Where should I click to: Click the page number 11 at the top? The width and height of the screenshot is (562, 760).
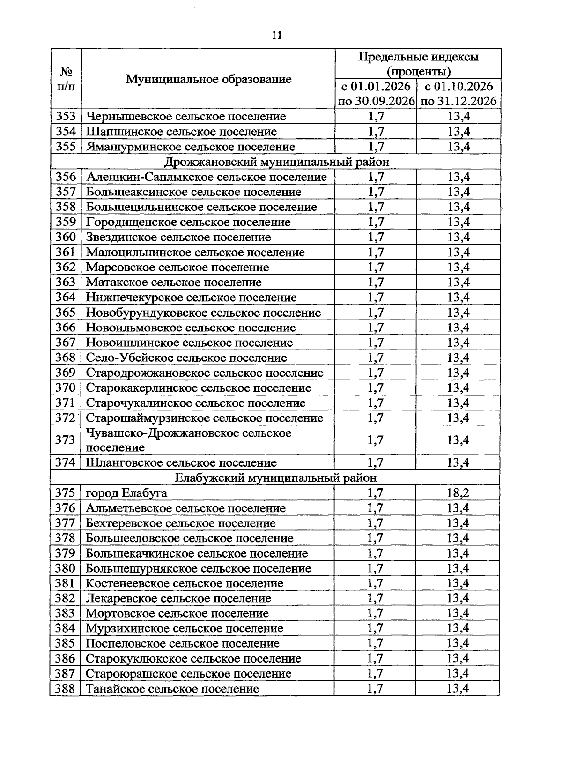(276, 36)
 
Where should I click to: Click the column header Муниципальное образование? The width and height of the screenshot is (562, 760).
(208, 79)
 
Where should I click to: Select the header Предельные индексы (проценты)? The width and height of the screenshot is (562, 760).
(418, 64)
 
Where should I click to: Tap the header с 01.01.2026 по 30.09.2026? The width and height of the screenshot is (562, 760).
(376, 94)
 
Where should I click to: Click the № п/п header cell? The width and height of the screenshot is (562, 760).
(66, 79)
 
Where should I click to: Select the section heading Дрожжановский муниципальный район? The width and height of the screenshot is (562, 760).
(276, 162)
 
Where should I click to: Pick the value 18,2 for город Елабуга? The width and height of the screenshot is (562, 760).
(458, 493)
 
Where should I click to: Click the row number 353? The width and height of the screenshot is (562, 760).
(66, 116)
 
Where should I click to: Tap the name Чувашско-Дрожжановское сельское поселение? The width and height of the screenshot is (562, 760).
(189, 440)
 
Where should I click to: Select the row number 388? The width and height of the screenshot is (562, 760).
(65, 689)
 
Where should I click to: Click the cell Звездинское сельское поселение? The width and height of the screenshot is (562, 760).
(178, 237)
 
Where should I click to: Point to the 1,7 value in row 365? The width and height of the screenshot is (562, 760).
(376, 313)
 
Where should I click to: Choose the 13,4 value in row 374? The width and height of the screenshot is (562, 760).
(458, 463)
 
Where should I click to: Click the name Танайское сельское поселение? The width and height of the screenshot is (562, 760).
(172, 689)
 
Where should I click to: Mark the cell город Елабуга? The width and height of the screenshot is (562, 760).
(126, 493)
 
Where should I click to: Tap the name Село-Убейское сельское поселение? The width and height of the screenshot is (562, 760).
(186, 358)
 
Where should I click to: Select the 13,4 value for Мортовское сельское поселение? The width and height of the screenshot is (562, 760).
(458, 613)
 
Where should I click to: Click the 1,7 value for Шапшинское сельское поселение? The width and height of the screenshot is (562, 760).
(376, 132)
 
